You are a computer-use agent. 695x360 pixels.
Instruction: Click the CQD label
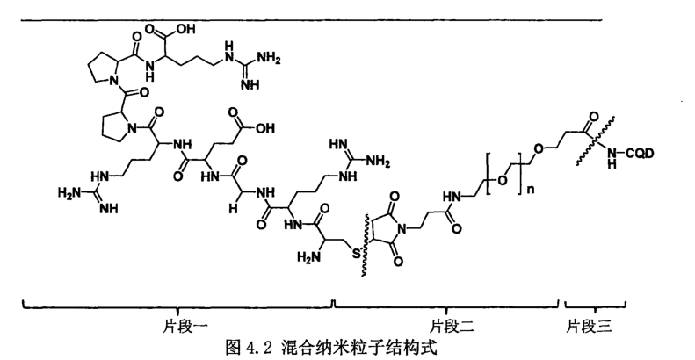point(640,153)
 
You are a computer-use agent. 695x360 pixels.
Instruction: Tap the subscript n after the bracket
point(531,190)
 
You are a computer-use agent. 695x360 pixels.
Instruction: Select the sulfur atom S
point(357,254)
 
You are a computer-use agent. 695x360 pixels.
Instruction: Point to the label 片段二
point(452,327)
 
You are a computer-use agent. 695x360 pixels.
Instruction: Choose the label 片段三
point(589,327)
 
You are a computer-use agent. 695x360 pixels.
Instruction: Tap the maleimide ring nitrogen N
point(402,229)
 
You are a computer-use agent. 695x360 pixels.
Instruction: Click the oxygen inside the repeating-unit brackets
point(503,180)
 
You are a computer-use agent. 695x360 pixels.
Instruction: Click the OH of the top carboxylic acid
point(185,30)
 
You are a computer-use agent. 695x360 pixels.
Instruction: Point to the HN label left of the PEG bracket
point(452,196)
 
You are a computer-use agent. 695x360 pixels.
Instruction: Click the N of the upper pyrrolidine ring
point(114,80)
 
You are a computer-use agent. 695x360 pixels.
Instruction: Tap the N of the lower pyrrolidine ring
point(131,128)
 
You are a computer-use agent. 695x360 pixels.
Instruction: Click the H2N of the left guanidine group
point(69,192)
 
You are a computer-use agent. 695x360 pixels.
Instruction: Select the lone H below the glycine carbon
point(233,209)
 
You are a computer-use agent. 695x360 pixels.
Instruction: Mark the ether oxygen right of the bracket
point(538,148)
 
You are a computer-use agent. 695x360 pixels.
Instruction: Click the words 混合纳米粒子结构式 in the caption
point(358,347)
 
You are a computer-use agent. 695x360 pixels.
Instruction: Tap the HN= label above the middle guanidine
point(338,144)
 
